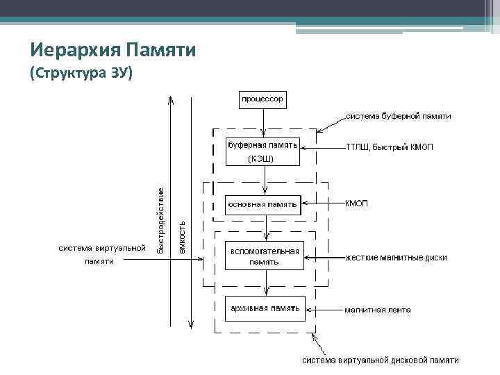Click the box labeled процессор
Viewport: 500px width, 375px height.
click(x=262, y=99)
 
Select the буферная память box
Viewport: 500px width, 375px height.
click(x=263, y=146)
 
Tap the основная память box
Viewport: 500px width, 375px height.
click(x=263, y=204)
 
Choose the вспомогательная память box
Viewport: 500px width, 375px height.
click(x=265, y=256)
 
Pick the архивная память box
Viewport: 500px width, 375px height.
click(x=265, y=308)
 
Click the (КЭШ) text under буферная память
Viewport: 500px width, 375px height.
click(x=260, y=159)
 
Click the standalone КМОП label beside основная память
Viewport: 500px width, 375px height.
click(x=357, y=204)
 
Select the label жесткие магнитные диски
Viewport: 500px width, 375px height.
click(x=397, y=258)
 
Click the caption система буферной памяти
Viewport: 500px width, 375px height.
click(x=399, y=116)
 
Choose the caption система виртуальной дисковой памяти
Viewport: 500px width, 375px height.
click(x=380, y=360)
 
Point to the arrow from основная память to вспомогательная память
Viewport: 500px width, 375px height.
click(x=266, y=227)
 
